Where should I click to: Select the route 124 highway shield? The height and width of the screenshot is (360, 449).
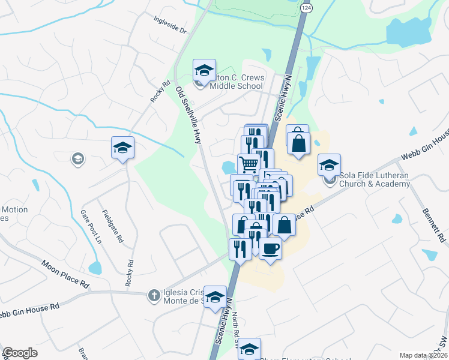pyautogui.click(x=307, y=7)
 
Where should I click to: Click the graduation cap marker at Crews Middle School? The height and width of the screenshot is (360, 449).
pyautogui.click(x=204, y=71)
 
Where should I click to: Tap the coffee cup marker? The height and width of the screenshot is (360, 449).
pyautogui.click(x=270, y=248)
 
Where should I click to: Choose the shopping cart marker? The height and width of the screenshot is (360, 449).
pyautogui.click(x=249, y=164)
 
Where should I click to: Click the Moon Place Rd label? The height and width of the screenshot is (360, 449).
pyautogui.click(x=65, y=274)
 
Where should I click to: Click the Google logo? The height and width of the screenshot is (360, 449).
pyautogui.click(x=20, y=353)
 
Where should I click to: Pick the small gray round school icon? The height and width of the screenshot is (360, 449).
pyautogui.click(x=77, y=159)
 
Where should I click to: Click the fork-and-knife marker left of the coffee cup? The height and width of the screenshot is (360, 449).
pyautogui.click(x=240, y=248)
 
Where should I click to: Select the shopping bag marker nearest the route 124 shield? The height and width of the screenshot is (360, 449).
pyautogui.click(x=297, y=142)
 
